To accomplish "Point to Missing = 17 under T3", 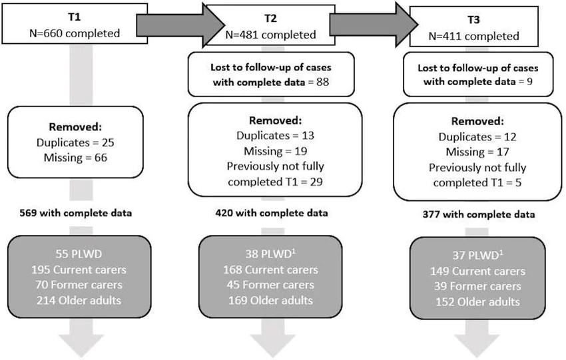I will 477,153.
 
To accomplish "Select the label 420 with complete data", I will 271,214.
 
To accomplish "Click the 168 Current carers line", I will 271,270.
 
